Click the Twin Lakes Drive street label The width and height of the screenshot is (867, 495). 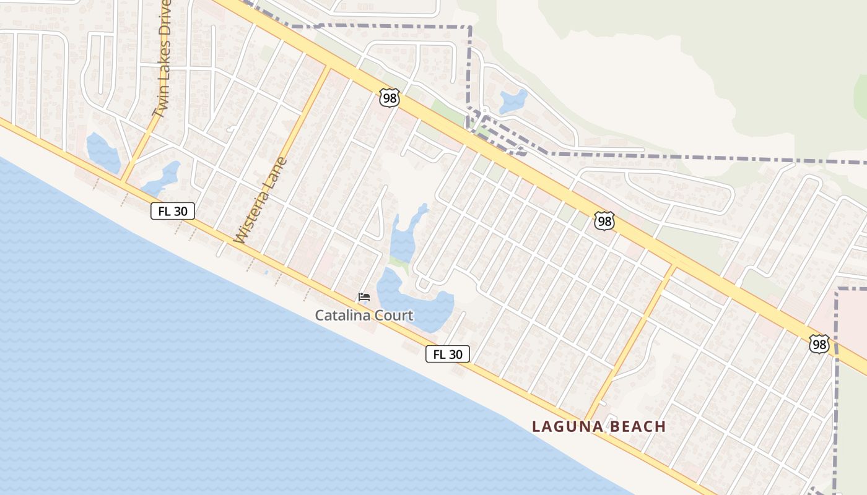click(161, 59)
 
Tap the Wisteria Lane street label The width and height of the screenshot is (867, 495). click(261, 200)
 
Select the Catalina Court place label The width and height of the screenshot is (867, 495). click(364, 315)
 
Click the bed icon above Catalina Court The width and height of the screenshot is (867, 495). click(364, 298)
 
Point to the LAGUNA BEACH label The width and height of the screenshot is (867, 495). click(599, 426)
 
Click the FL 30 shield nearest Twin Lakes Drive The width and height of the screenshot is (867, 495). click(173, 211)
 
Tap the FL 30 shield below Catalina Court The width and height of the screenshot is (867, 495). click(448, 354)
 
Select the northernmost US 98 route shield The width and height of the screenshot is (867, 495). click(390, 98)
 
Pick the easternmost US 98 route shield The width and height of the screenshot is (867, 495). click(819, 344)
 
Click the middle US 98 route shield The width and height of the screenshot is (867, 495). click(604, 221)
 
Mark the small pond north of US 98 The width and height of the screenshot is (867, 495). click(513, 101)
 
